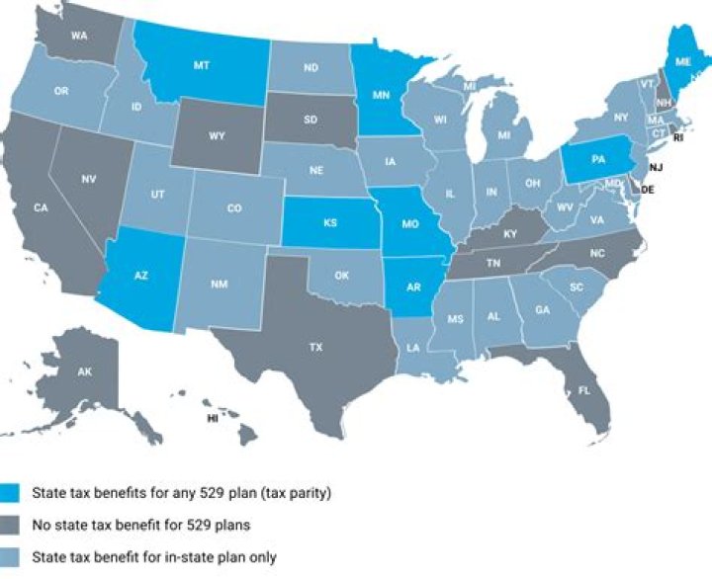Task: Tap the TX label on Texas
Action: pos(315,348)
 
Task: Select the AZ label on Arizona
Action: pos(140,276)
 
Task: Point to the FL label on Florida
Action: pos(583,391)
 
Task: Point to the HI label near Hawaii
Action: pos(212,419)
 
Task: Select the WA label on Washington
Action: pos(80,31)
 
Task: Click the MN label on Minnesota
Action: pos(379,97)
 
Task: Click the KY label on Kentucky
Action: pos(509,234)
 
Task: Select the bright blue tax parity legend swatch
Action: pos(12,492)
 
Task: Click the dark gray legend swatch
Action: pos(12,525)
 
